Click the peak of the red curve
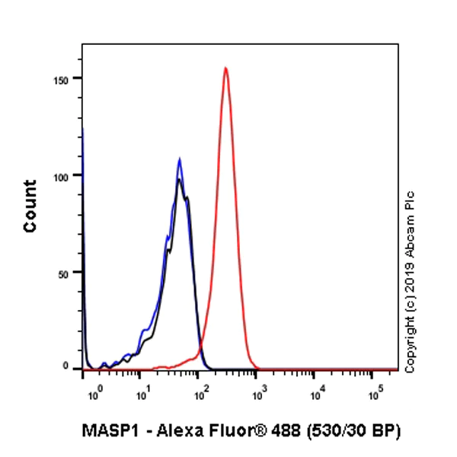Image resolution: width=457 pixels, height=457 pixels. (225, 69)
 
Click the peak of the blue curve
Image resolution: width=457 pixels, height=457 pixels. (179, 159)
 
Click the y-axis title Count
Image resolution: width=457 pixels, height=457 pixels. (30, 206)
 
